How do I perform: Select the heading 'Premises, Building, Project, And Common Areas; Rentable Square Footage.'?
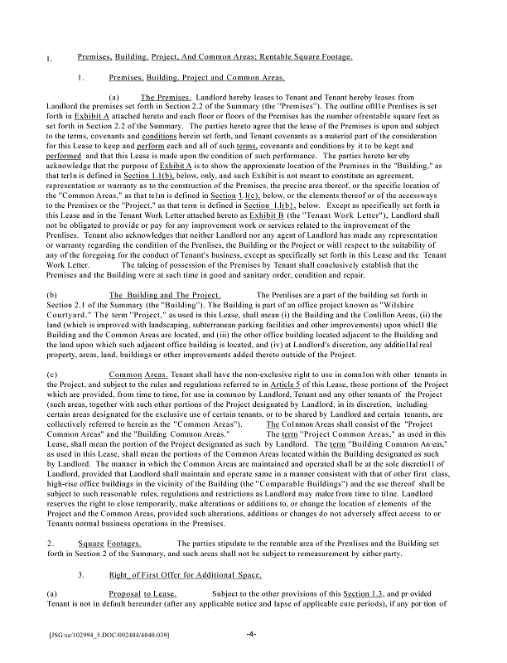point(215,56)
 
